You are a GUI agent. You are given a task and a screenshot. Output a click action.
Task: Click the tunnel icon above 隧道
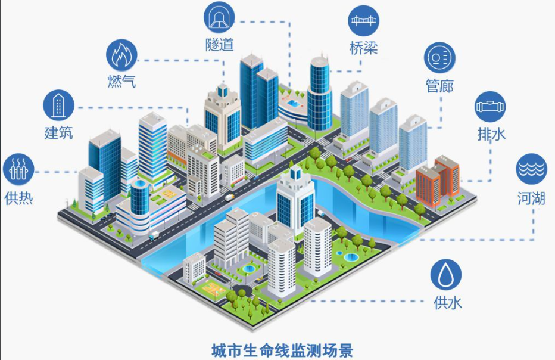point(219,17)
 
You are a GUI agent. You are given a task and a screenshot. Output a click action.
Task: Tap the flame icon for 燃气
point(121,55)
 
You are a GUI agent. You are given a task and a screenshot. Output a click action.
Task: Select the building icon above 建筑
point(59,105)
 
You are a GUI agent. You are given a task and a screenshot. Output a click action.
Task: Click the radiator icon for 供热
point(18,169)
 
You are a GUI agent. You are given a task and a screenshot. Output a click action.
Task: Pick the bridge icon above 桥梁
point(363,20)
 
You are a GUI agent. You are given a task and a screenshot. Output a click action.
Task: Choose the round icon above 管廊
point(439,58)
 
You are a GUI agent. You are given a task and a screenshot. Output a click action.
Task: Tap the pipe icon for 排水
point(490,107)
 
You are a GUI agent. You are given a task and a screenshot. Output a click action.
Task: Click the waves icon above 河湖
point(531,169)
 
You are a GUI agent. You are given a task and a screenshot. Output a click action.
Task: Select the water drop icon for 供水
point(446,275)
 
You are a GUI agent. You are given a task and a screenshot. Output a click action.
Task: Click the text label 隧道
point(220,45)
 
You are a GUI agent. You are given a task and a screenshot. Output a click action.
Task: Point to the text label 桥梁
point(363,48)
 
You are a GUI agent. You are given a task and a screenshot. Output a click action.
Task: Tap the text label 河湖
point(531,198)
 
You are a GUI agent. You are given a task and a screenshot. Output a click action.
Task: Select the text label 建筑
point(58,134)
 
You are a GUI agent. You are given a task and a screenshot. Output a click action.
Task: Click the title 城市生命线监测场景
point(282,350)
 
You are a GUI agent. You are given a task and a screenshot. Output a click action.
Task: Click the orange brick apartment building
point(438,181)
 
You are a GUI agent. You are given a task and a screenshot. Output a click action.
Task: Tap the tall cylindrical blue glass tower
point(320,94)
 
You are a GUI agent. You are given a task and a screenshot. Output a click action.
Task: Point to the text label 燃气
point(121,82)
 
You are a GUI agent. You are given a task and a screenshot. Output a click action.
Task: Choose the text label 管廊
point(439,86)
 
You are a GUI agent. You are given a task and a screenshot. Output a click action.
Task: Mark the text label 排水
point(491,135)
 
